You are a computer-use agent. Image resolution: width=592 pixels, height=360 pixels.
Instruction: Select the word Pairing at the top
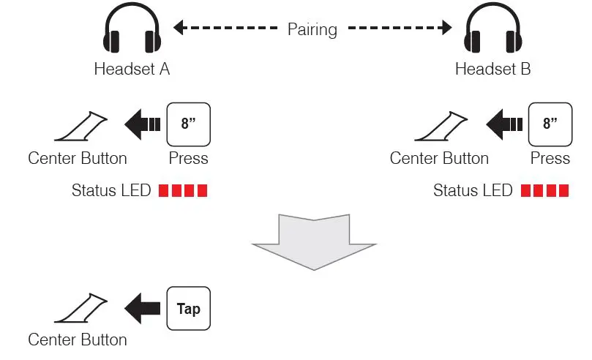coord(312,30)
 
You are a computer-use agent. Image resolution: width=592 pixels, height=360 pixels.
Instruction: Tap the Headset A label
coord(132,70)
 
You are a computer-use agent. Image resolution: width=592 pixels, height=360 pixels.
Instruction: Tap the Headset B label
coord(492,70)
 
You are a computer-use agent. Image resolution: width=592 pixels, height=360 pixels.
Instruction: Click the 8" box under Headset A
coord(189,124)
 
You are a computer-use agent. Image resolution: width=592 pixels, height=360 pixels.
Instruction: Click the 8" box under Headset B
coord(550,124)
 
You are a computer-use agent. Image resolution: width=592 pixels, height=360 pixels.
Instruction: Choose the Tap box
coord(189,308)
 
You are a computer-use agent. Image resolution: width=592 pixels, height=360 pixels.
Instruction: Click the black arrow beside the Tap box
coord(143,308)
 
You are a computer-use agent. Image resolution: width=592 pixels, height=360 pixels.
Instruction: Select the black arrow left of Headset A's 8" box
coord(143,124)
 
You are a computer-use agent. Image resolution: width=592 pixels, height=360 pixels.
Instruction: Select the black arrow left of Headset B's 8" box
coord(504,124)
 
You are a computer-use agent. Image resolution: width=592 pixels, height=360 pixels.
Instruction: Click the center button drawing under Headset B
coord(443,127)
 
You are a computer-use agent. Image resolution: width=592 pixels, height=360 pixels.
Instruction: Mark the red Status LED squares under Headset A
coord(183,191)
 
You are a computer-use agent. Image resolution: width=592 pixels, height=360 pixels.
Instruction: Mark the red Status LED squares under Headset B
coord(544,191)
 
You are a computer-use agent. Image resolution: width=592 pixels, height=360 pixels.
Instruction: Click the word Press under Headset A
coord(189,158)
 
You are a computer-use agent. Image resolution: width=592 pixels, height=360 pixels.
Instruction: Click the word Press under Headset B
coord(550,158)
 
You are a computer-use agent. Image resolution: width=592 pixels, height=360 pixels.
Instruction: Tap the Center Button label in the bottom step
coord(78,340)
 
